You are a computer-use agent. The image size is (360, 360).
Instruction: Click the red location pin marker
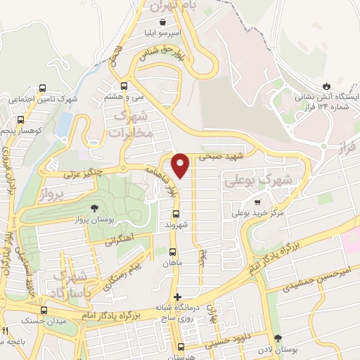181,165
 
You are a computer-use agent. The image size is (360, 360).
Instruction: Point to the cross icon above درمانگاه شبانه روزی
178,297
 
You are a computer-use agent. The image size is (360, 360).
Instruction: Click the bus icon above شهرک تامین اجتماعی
44,89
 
